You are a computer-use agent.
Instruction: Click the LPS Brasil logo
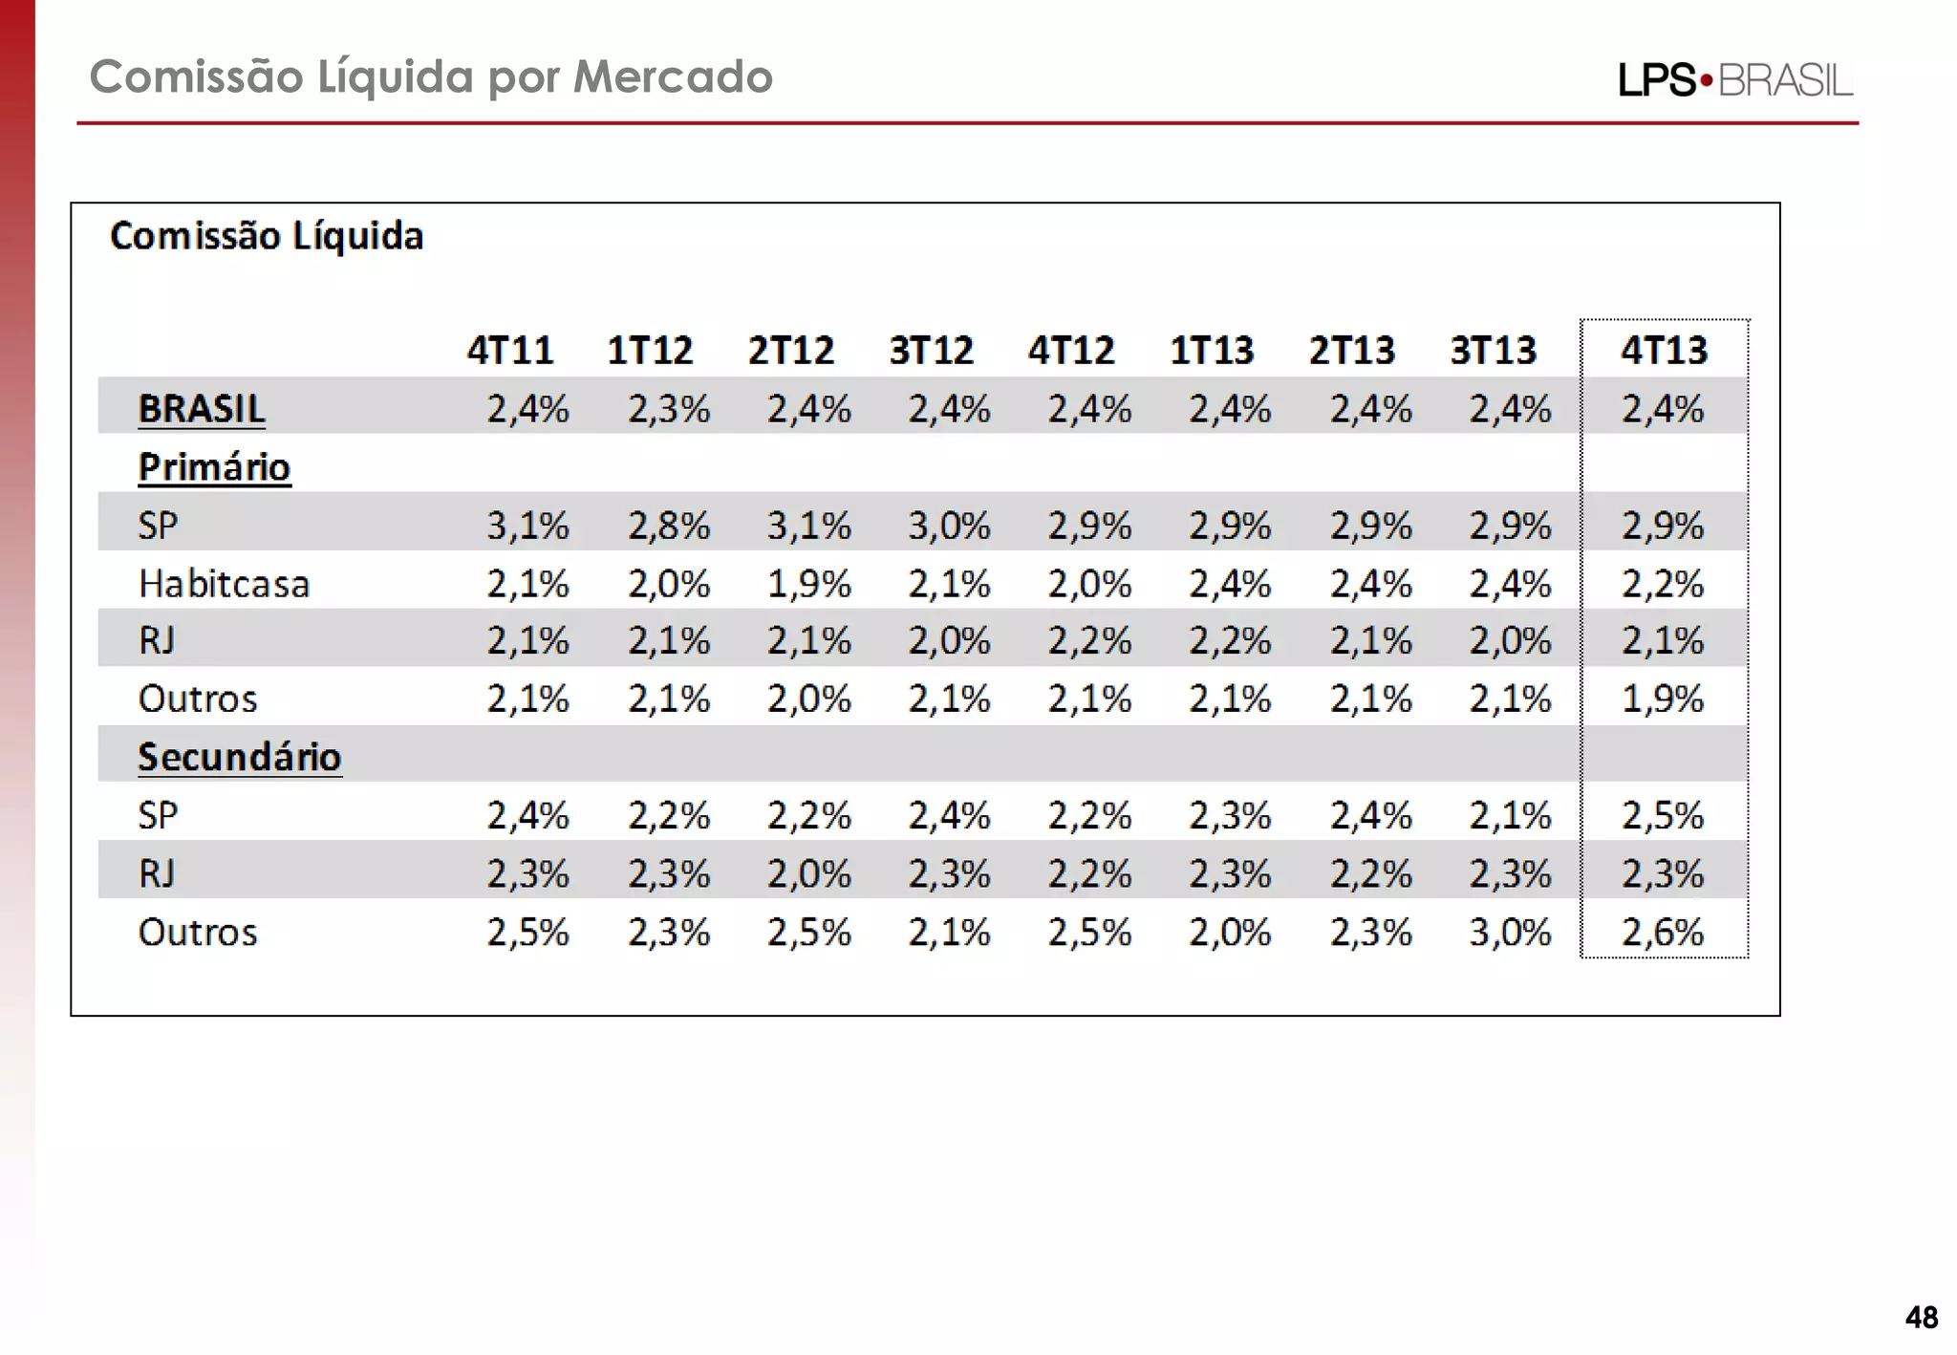[x=1734, y=80]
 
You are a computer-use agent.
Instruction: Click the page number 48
[x=1921, y=1318]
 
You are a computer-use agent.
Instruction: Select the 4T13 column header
[x=1664, y=351]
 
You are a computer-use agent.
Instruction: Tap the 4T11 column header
[x=510, y=351]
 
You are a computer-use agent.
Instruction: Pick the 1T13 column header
[x=1212, y=351]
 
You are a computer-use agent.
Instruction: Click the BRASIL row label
[x=202, y=409]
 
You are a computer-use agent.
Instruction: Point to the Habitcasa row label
[x=224, y=584]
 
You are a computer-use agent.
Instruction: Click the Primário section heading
[x=214, y=467]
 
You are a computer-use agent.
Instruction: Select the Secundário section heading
[x=239, y=757]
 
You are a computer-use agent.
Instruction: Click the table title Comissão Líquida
[x=267, y=236]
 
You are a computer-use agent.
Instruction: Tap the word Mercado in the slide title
[x=673, y=76]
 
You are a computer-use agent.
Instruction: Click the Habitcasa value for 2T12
[x=808, y=584]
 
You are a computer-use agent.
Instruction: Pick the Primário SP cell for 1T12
[x=669, y=526]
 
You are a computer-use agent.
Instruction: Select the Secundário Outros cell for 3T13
[x=1510, y=933]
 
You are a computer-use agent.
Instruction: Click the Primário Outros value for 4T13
[x=1663, y=699]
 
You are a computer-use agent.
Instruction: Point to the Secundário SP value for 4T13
[x=1663, y=816]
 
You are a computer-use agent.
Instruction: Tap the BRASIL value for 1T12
[x=669, y=409]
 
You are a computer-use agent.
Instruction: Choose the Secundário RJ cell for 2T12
[x=808, y=874]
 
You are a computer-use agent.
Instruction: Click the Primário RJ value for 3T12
[x=949, y=640]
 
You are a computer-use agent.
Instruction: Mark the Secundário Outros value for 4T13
[x=1663, y=933]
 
